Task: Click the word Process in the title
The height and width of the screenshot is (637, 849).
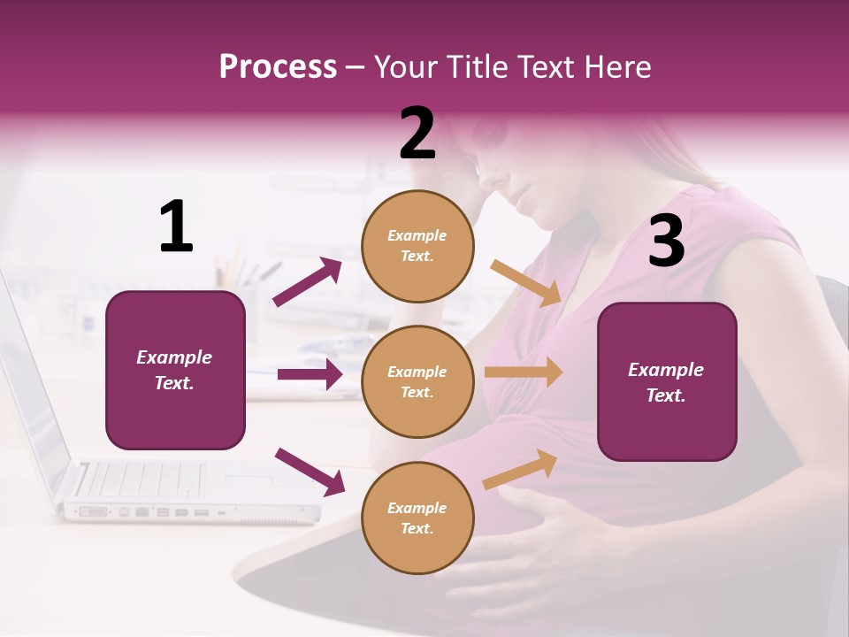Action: click(x=278, y=66)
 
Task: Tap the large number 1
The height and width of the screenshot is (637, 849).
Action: click(x=176, y=226)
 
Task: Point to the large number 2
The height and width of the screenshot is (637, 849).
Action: click(x=417, y=133)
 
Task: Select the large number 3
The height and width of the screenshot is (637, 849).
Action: click(x=666, y=241)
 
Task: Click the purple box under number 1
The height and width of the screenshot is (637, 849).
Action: click(x=175, y=370)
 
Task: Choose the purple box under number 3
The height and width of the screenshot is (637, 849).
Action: click(x=667, y=381)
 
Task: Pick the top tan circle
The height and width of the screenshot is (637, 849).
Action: click(x=417, y=246)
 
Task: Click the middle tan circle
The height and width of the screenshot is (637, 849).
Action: click(x=417, y=381)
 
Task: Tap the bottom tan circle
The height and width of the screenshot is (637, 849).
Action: click(x=417, y=518)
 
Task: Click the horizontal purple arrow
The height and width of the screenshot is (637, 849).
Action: click(x=309, y=374)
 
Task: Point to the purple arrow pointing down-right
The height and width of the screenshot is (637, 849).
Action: click(x=309, y=472)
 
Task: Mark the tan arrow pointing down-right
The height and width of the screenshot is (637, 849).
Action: click(x=525, y=283)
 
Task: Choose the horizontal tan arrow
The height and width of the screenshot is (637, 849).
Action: click(x=524, y=372)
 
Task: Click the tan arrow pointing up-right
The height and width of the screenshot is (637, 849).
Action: click(x=521, y=469)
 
